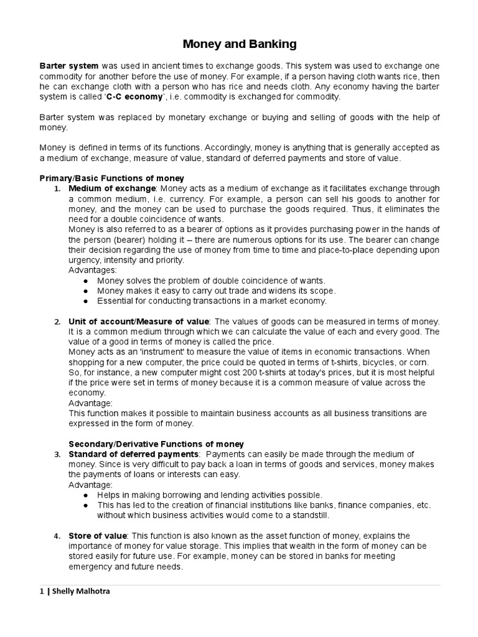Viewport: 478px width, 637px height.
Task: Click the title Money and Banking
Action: point(239,44)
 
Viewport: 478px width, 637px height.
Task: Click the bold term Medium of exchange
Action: point(111,188)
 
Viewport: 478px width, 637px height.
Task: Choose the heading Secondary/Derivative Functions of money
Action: point(156,444)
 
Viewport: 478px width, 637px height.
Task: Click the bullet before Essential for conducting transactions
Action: point(85,301)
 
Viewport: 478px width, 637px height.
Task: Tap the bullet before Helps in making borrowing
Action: point(85,495)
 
